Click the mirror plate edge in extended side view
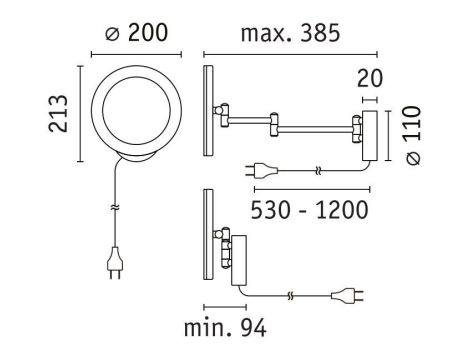(208, 112)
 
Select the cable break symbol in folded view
(291, 296)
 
